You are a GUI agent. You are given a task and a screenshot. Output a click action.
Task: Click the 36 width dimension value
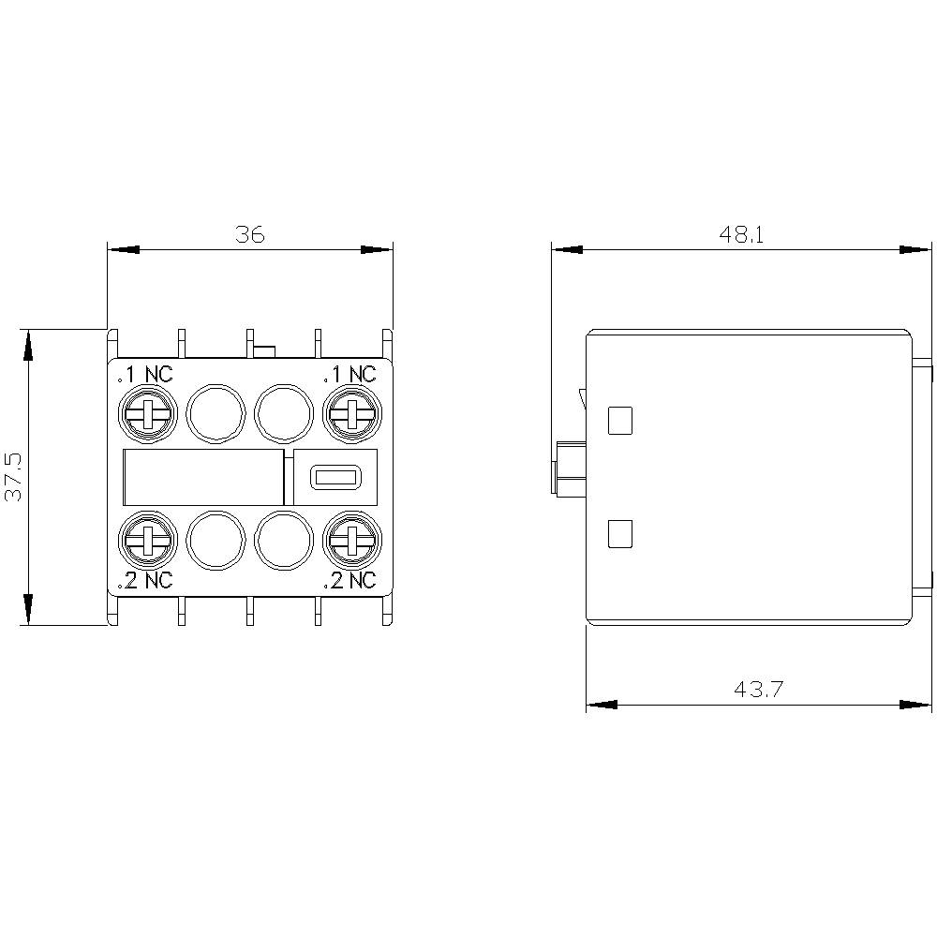pyautogui.click(x=250, y=234)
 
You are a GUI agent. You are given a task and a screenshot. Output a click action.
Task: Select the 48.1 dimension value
pyautogui.click(x=742, y=234)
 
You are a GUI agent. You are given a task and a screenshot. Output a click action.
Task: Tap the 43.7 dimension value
pyautogui.click(x=758, y=690)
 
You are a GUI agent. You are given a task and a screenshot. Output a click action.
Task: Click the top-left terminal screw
pyautogui.click(x=146, y=412)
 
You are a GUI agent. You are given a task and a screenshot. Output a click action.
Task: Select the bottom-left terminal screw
pyautogui.click(x=146, y=542)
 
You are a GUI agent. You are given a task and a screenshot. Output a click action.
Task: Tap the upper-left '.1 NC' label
pyautogui.click(x=145, y=375)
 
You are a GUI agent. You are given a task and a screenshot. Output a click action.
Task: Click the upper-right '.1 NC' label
pyautogui.click(x=350, y=375)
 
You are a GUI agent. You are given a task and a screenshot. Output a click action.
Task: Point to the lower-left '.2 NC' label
pyautogui.click(x=145, y=581)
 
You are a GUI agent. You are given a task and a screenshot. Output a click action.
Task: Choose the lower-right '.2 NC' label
pyautogui.click(x=350, y=581)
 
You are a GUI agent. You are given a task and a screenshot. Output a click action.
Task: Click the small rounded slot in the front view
pyautogui.click(x=335, y=478)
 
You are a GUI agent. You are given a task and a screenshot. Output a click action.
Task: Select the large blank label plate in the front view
pyautogui.click(x=203, y=478)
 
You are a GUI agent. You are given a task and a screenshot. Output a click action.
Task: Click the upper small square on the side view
pyautogui.click(x=620, y=421)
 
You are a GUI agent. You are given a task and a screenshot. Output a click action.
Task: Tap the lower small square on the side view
pyautogui.click(x=620, y=534)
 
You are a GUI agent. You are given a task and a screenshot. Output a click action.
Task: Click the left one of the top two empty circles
pyautogui.click(x=216, y=412)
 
